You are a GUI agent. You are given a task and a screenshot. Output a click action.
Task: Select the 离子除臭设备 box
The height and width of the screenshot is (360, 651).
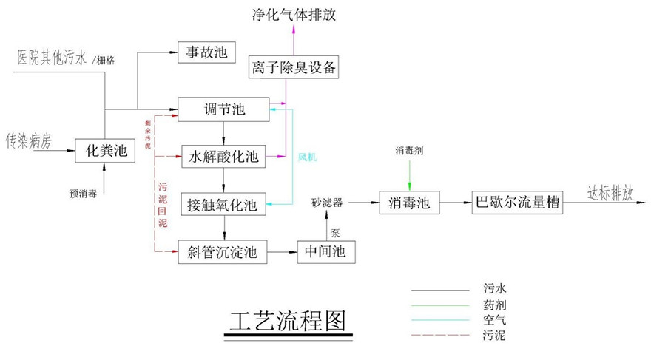coord(294,69)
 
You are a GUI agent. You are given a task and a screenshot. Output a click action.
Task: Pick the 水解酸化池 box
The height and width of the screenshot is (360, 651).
coord(223,157)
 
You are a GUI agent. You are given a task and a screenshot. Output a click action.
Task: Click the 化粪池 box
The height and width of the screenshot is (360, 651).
coord(107,152)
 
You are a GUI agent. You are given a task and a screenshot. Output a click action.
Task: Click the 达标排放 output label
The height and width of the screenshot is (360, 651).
coord(610,193)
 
